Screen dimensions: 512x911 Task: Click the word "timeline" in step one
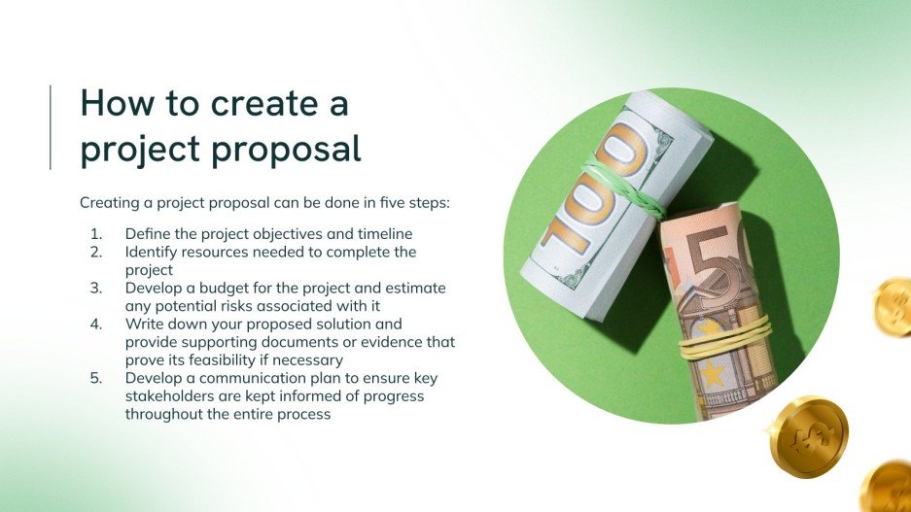[383, 234]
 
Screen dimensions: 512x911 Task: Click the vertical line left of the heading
[51, 127]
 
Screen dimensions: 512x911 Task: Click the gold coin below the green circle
[809, 437]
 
